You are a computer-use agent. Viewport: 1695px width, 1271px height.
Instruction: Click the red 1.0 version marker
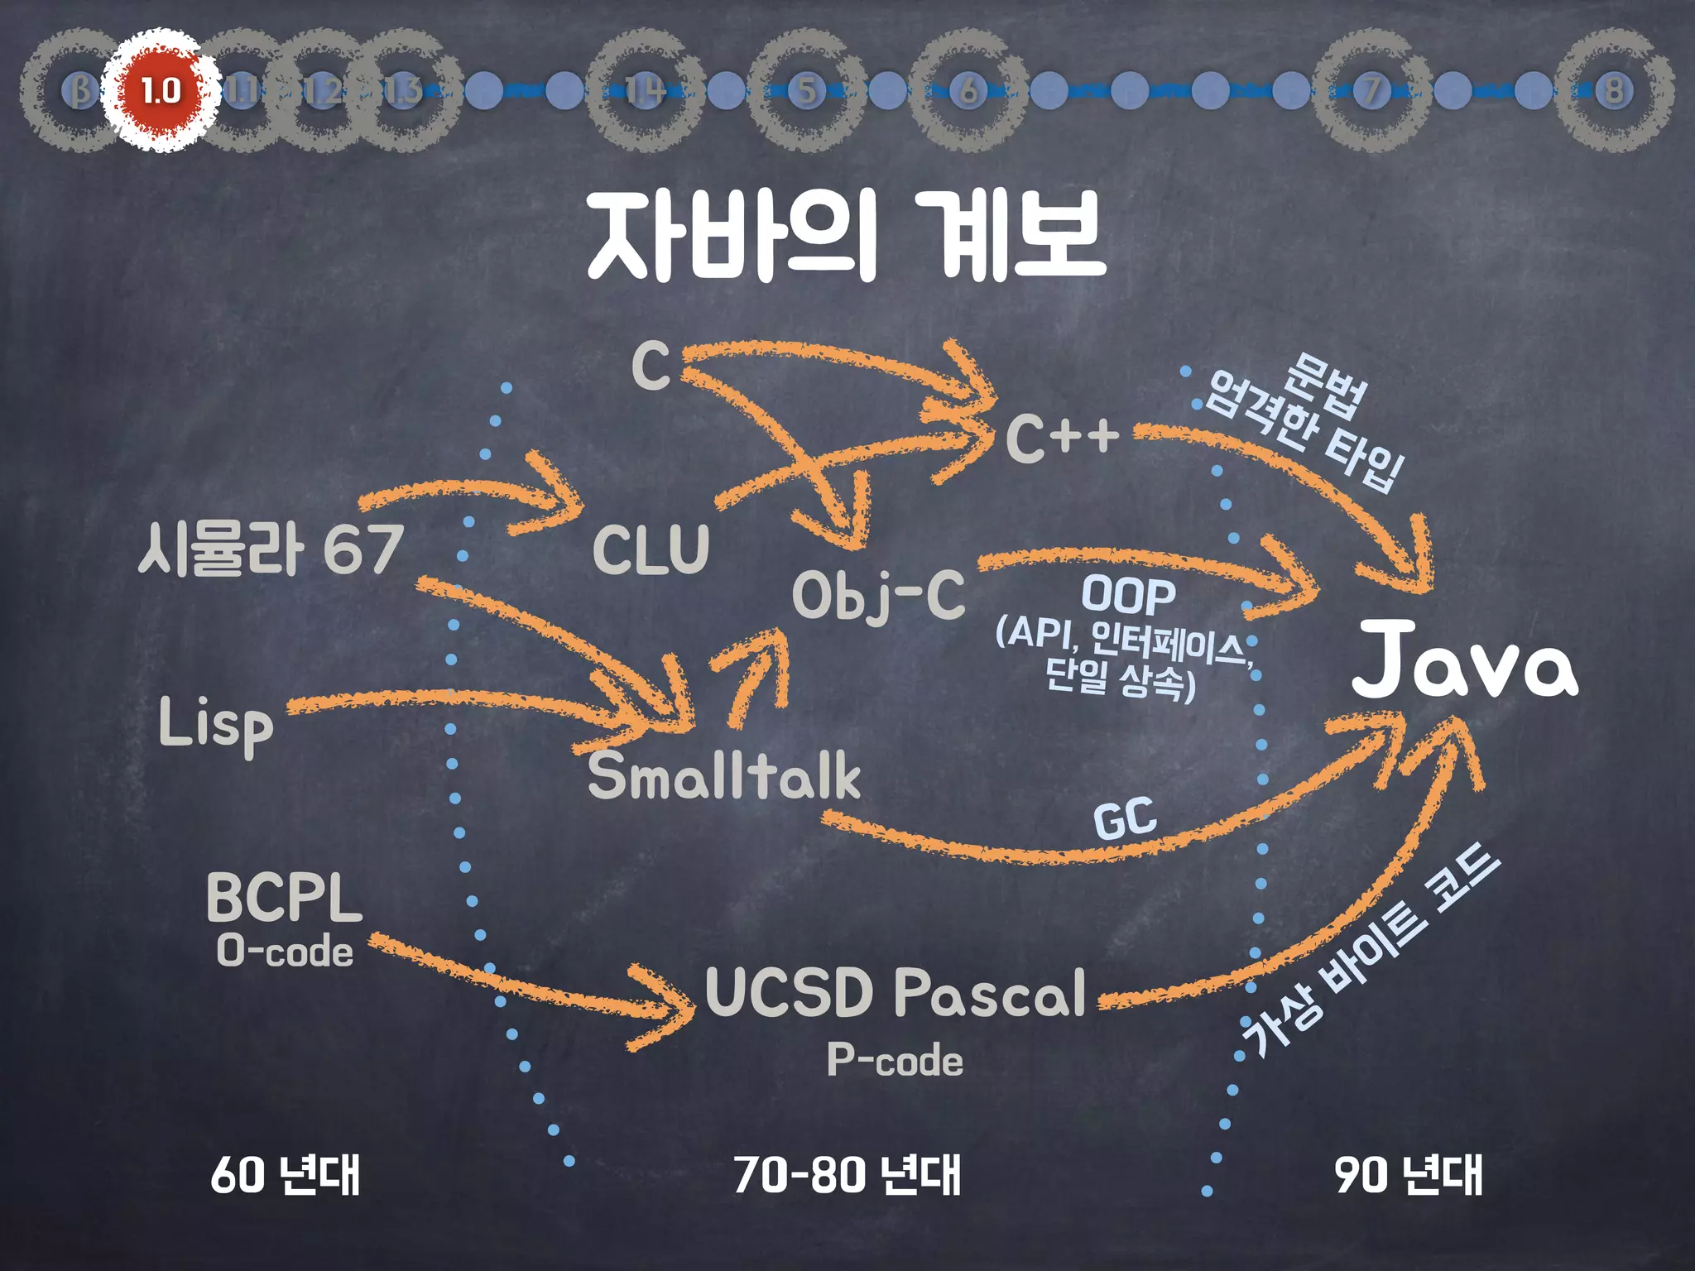coord(161,90)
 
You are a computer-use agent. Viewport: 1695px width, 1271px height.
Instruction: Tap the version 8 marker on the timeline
coord(1613,90)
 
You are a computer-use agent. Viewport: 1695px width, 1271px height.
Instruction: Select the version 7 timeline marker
coord(1371,90)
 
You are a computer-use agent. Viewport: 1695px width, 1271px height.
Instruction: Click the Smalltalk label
coord(724,775)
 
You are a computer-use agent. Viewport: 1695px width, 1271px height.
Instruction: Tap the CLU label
coord(651,549)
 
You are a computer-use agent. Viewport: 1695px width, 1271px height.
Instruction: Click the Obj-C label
coord(878,595)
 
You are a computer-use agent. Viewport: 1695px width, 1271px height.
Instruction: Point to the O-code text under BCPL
coord(285,952)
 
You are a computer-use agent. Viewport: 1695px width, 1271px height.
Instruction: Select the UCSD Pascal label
coord(895,992)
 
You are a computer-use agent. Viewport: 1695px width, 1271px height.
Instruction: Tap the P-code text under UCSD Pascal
coord(895,1060)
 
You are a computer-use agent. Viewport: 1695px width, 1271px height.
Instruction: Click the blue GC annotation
coord(1124,818)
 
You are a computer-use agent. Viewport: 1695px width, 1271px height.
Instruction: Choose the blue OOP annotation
coord(1128,595)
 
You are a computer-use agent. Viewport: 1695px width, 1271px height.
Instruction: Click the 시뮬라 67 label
coord(271,549)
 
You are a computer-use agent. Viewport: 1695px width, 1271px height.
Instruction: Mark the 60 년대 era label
coord(285,1174)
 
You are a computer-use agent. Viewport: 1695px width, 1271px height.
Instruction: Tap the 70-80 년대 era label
coord(847,1174)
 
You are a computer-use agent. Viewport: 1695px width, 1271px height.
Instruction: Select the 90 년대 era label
coord(1408,1174)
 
